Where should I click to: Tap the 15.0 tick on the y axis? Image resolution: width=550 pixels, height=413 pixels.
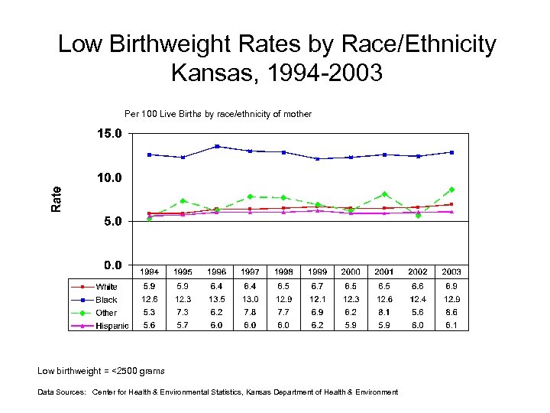pos(108,133)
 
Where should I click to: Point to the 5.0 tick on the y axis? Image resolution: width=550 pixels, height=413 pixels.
pos(108,221)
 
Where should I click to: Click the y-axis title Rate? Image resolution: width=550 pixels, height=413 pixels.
pos(56,199)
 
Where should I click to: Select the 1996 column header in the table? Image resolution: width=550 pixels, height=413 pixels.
pos(217,272)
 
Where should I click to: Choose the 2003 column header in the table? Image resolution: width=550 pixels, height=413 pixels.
pos(451,272)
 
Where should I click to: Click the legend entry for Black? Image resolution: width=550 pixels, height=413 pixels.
pos(106,300)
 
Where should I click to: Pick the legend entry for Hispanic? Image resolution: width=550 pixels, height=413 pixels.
pos(112,327)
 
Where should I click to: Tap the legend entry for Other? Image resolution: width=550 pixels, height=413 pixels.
pos(106,313)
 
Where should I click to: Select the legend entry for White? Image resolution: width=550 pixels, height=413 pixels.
pos(106,287)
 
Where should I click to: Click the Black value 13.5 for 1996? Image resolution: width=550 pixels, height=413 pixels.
pos(217,299)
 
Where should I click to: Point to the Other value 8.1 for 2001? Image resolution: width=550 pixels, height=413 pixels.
pos(384,312)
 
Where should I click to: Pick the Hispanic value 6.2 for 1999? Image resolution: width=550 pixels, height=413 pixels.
pos(317,325)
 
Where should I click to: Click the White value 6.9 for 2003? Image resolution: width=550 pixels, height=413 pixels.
pos(451,285)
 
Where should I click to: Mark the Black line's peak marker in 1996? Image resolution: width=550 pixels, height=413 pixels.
pos(217,146)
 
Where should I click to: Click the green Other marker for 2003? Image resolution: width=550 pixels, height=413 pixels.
pos(451,190)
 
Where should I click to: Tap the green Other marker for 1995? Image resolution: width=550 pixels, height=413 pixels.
pos(183,201)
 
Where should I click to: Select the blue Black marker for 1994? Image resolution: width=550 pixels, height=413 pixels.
pos(150,154)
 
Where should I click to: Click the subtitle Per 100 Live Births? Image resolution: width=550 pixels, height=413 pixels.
pos(218,114)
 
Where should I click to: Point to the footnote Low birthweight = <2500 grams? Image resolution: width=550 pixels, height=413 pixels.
pos(101,371)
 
